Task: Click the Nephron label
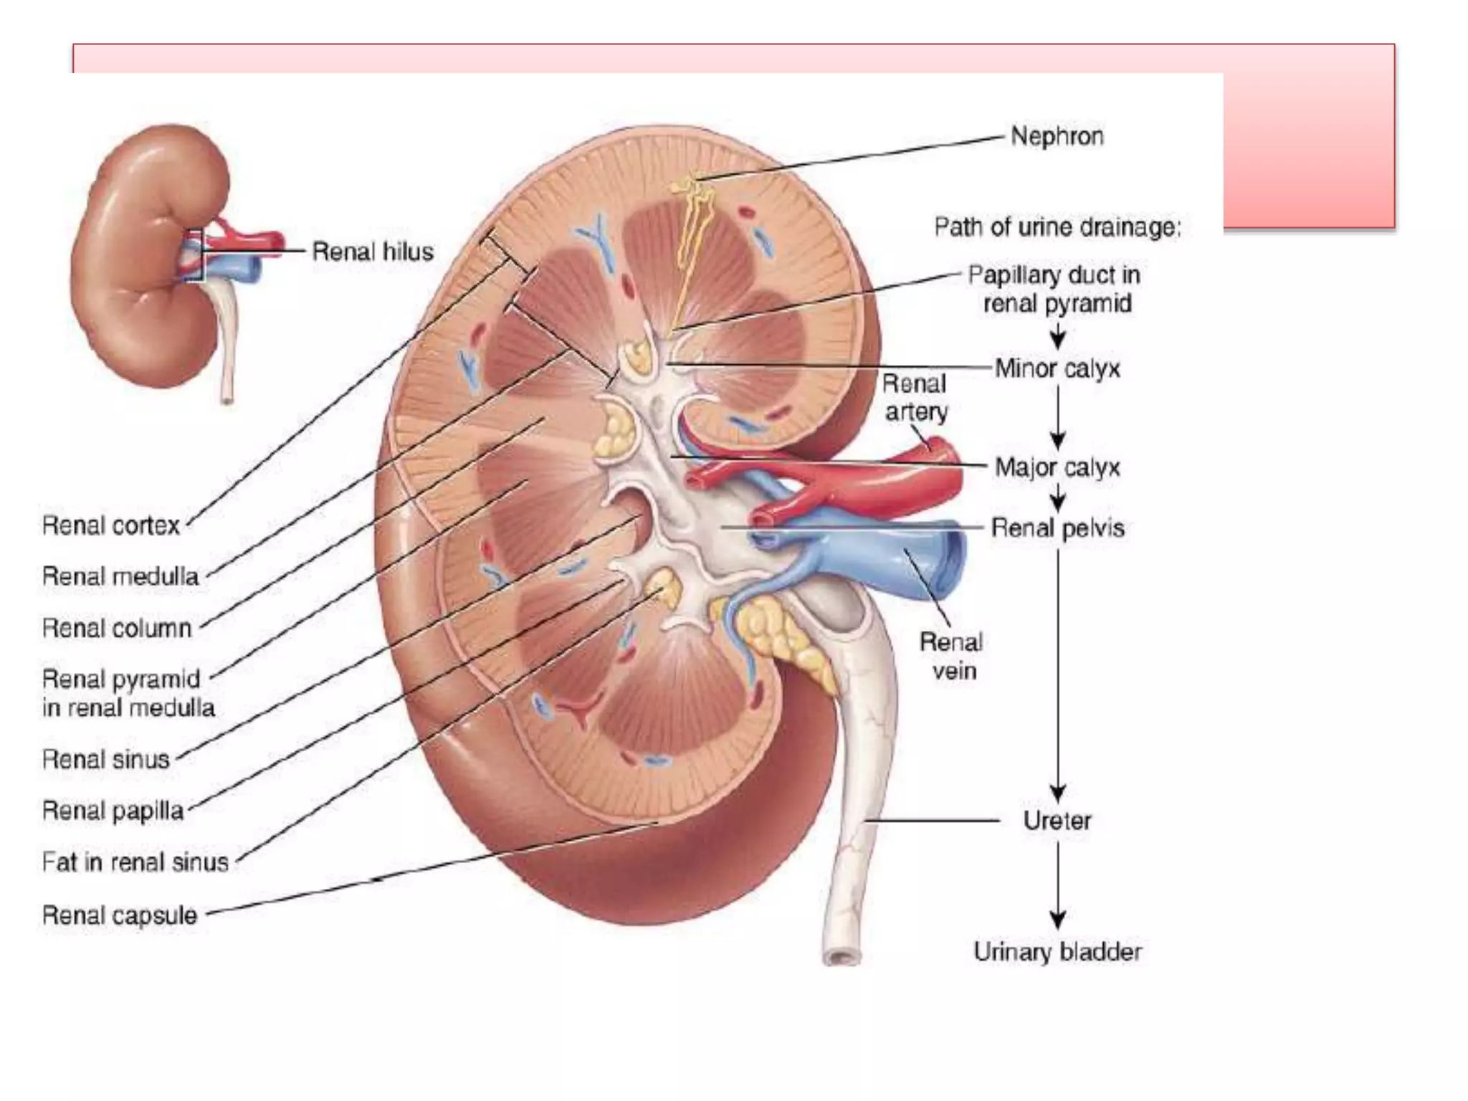pyautogui.click(x=1057, y=136)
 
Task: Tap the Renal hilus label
pyautogui.click(x=373, y=252)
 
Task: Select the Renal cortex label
pyautogui.click(x=111, y=525)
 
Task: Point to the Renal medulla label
pyautogui.click(x=120, y=576)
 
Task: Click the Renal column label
pyautogui.click(x=118, y=629)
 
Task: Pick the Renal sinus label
pyautogui.click(x=106, y=759)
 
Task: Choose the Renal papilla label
pyautogui.click(x=113, y=811)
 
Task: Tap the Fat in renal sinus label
pyautogui.click(x=135, y=862)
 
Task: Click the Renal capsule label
pyautogui.click(x=120, y=915)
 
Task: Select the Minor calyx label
pyautogui.click(x=1057, y=368)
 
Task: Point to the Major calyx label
pyautogui.click(x=1057, y=467)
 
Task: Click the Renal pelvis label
pyautogui.click(x=1057, y=528)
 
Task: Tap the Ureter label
pyautogui.click(x=1057, y=821)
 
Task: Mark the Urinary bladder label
pyautogui.click(x=1057, y=952)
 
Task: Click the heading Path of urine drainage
pyautogui.click(x=1057, y=227)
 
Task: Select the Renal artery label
pyautogui.click(x=915, y=398)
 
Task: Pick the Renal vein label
pyautogui.click(x=952, y=657)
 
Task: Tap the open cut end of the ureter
pyautogui.click(x=842, y=957)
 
